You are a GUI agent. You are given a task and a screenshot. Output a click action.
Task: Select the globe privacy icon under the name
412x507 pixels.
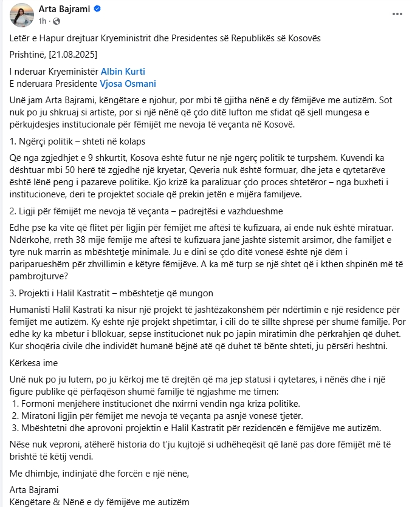57,21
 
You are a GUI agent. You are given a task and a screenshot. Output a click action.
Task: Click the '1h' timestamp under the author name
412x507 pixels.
43,21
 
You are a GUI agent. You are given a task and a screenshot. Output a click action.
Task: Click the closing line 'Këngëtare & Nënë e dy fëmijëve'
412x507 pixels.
100,502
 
